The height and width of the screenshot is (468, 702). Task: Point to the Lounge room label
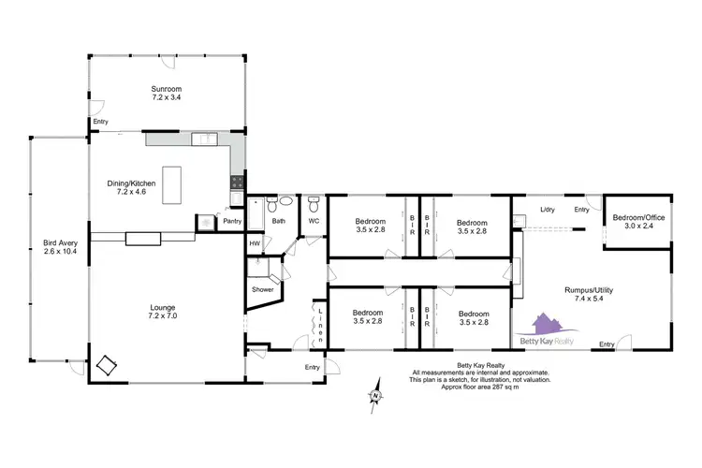point(164,312)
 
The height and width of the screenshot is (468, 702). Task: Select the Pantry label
point(232,221)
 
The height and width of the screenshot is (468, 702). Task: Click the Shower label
point(262,289)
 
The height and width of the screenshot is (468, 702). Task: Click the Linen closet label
point(319,324)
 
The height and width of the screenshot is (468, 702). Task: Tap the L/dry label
point(548,209)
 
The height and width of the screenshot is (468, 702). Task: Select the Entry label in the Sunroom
point(100,122)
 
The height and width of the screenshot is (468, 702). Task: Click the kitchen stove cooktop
point(237,183)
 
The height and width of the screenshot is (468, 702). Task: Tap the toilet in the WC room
point(314,202)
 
